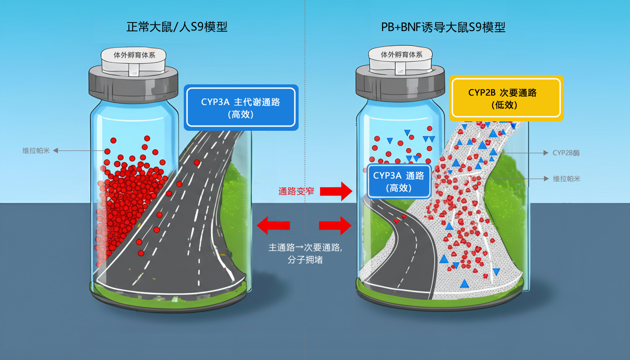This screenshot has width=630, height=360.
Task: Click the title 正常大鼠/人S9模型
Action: click(x=177, y=27)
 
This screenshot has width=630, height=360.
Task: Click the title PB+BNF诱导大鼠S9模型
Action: click(x=443, y=27)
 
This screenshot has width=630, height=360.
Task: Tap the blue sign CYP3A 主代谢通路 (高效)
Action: click(x=241, y=107)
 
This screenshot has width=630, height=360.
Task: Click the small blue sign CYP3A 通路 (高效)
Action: click(x=398, y=181)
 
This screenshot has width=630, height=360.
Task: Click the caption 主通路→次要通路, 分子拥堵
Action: click(x=305, y=253)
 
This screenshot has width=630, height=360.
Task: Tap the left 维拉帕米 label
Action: click(x=36, y=150)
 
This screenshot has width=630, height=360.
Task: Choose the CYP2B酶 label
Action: click(x=566, y=153)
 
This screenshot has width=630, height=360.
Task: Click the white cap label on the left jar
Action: click(x=134, y=55)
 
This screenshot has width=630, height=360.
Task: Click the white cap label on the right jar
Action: click(x=402, y=55)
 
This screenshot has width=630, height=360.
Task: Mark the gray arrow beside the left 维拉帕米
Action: click(x=77, y=150)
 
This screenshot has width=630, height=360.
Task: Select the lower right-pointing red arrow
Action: click(x=335, y=225)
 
